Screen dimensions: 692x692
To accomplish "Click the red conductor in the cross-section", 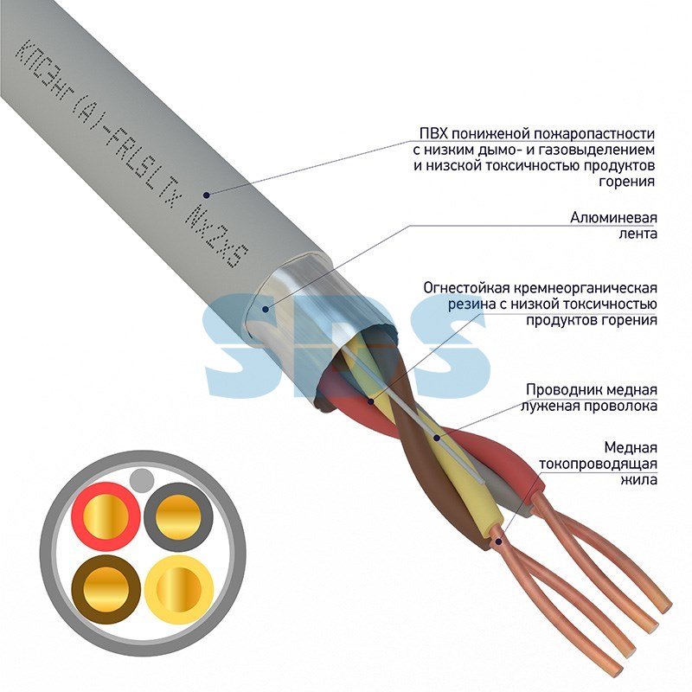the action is point(106,516).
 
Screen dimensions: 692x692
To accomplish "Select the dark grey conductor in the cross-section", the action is point(178,516).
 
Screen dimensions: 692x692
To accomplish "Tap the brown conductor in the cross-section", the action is point(106,589).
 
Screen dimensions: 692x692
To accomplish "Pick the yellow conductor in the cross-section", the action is point(179,589).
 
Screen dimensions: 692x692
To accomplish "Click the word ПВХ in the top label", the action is point(432,133).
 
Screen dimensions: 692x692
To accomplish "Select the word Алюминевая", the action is point(613,218).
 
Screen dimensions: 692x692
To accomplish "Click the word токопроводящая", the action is point(598,464).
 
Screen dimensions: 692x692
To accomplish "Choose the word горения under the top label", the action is point(626,182).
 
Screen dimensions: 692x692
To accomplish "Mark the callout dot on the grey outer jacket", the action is point(206,194).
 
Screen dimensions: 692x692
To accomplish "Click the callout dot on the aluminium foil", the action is point(266,309).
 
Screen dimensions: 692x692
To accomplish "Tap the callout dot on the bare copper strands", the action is point(498,541).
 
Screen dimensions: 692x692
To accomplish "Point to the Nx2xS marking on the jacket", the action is point(217,239).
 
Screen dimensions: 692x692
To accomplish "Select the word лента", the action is point(638,234).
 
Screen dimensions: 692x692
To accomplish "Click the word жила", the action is point(638,480).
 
